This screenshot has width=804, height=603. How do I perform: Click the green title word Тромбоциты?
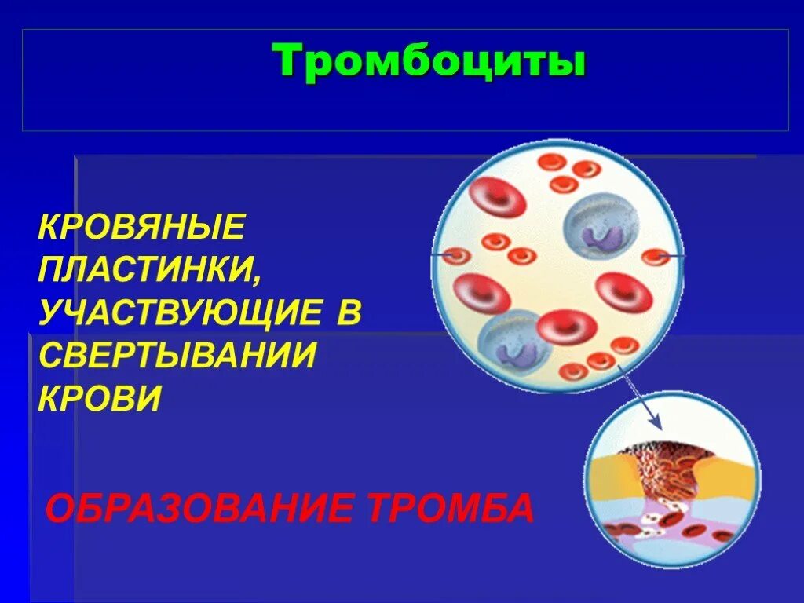[x=429, y=62]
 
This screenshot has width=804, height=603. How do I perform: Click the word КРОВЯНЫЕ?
[x=142, y=228]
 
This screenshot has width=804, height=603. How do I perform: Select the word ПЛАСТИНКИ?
[x=150, y=271]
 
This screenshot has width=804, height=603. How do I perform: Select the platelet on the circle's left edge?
[x=455, y=256]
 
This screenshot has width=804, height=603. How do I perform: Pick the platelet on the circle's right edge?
[x=655, y=257]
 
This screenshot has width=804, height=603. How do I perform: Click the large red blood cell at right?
[x=623, y=294]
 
